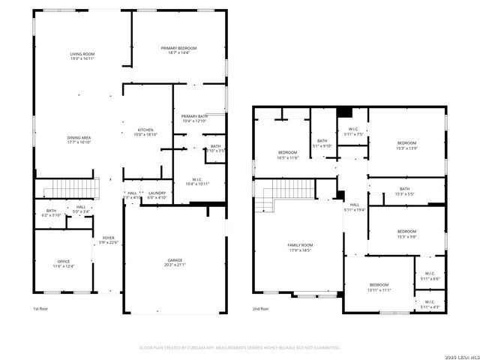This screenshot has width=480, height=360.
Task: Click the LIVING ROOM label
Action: tap(82, 54)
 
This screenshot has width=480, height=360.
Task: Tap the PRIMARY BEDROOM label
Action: tap(178, 48)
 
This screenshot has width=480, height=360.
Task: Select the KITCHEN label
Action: tap(145, 130)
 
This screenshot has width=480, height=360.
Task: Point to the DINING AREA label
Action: tap(79, 137)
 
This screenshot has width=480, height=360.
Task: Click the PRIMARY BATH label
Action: tap(194, 116)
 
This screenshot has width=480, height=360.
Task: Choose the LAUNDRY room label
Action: tap(157, 193)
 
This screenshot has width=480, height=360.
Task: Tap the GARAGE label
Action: tap(175, 260)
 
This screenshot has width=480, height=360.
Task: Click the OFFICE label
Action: tap(62, 262)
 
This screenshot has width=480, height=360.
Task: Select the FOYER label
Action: tap(109, 238)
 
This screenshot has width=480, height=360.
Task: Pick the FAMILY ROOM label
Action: tap(300, 245)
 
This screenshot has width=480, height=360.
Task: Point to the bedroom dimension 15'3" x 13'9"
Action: tap(406, 148)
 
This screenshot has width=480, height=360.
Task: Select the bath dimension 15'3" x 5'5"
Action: tap(404, 193)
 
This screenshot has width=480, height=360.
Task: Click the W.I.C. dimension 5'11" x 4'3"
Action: tap(430, 307)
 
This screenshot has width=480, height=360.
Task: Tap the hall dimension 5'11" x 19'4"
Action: tap(355, 210)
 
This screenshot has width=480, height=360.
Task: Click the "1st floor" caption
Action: tap(41, 309)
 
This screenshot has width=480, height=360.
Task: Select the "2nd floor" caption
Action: tap(261, 309)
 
